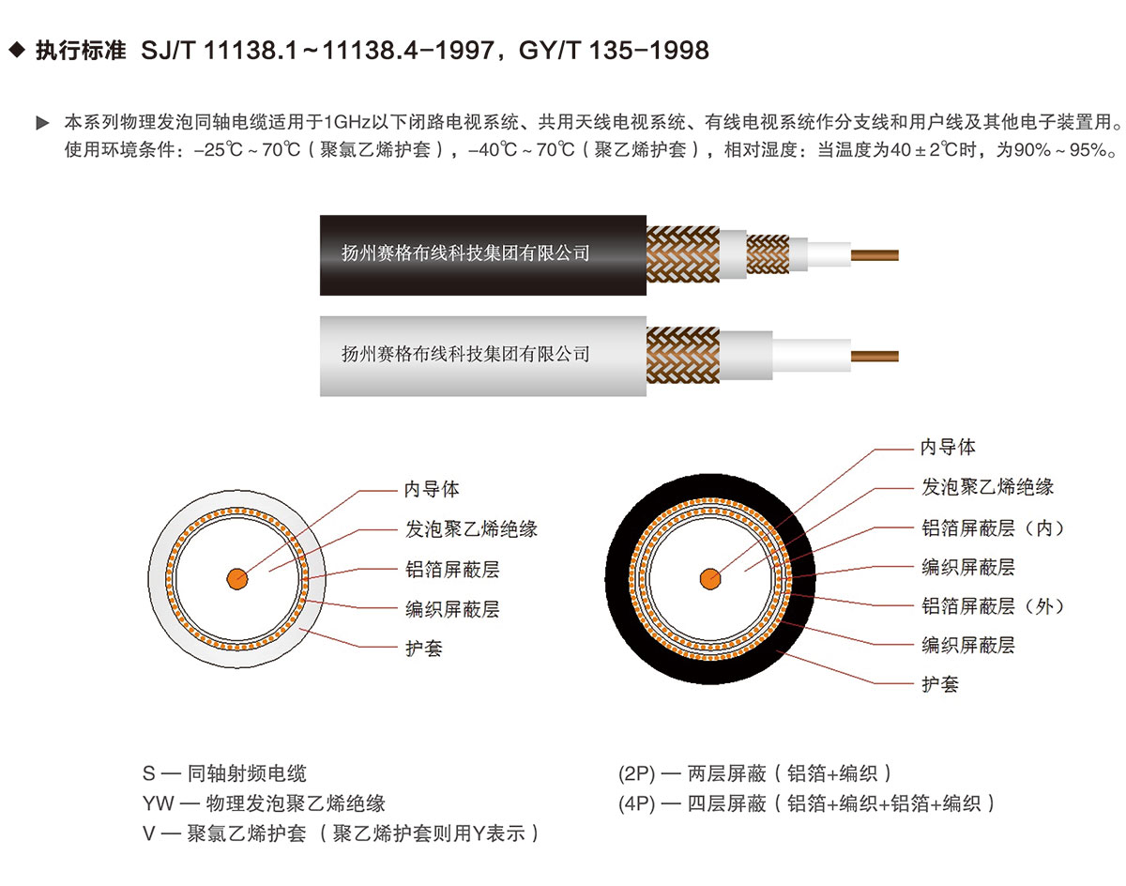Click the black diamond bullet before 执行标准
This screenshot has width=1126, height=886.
tap(17, 50)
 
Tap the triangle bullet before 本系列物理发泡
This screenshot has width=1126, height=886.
tap(42, 123)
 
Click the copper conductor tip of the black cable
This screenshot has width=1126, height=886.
tap(875, 255)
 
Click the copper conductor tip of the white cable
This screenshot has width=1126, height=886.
tap(875, 357)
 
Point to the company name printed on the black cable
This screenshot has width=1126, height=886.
tap(465, 253)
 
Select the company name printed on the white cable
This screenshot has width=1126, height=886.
tap(465, 354)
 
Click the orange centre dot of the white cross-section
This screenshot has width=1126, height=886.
tap(237, 579)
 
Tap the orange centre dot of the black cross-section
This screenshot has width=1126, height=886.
tap(710, 579)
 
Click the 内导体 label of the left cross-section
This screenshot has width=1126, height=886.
tap(431, 490)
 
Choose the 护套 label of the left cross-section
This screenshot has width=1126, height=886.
tap(424, 649)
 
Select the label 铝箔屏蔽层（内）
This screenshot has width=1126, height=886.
tap(993, 528)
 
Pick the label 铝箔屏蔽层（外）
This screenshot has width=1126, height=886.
tap(993, 606)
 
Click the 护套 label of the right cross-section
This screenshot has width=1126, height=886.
tap(939, 684)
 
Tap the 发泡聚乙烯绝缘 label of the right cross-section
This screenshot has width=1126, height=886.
tap(987, 487)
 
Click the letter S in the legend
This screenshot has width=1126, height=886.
tap(148, 773)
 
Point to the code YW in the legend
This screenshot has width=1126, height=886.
tap(158, 803)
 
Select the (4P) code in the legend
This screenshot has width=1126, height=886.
tap(636, 803)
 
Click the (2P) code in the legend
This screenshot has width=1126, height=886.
tap(636, 773)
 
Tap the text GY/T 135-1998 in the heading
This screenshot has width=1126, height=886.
tap(614, 51)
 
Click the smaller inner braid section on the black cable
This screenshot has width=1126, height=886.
tap(767, 254)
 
